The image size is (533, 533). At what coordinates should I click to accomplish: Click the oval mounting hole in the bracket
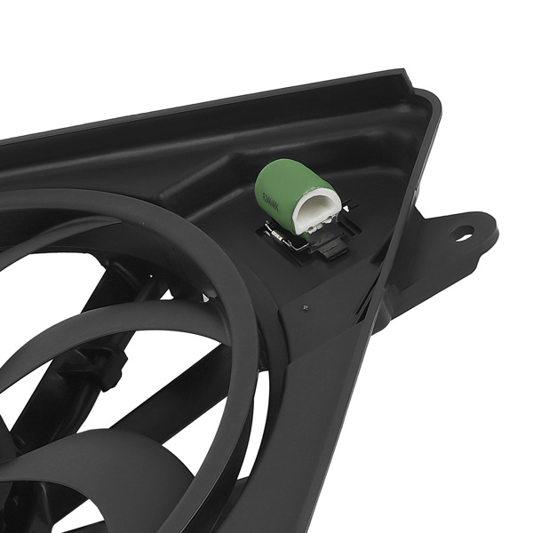[x=463, y=235]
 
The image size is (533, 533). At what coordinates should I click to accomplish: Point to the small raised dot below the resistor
[x=306, y=307]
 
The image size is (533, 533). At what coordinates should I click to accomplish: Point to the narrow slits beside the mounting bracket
[x=366, y=306]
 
